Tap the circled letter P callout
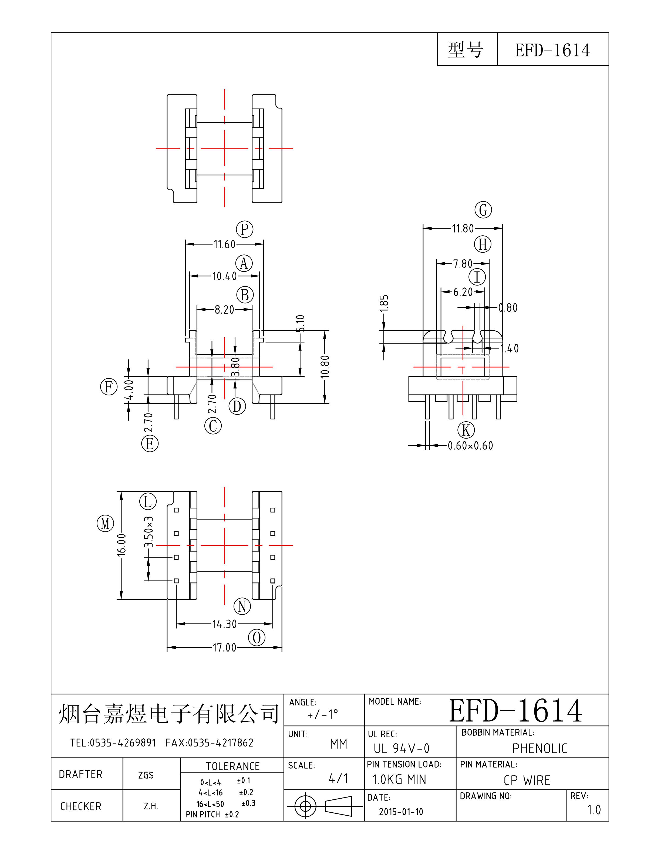tap(245, 229)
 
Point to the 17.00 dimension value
tap(224, 647)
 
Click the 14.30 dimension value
tap(224, 624)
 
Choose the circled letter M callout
tap(105, 523)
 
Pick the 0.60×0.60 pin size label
tap(470, 446)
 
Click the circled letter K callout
tap(466, 430)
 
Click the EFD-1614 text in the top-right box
tap(552, 50)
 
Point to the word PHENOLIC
tap(539, 748)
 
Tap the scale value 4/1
tap(338, 779)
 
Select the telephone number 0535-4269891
tap(123, 743)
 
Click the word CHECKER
tap(81, 806)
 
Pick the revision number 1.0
tap(594, 810)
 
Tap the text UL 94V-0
tap(401, 748)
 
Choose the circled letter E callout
tap(150, 444)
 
